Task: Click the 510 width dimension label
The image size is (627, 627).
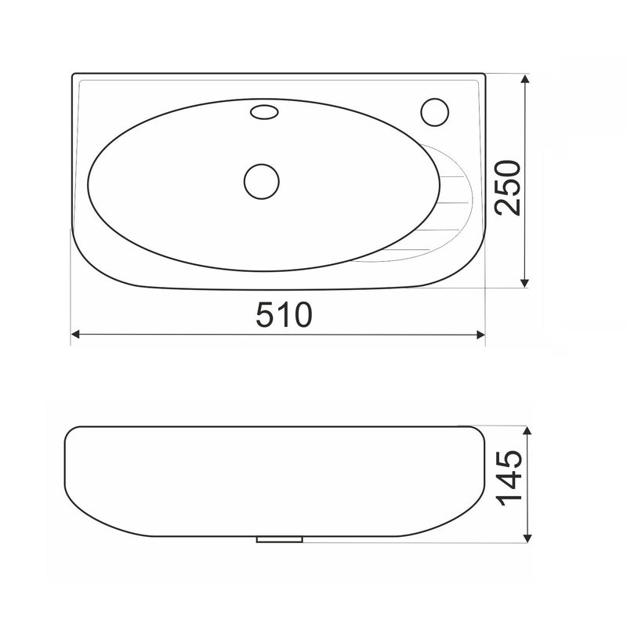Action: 285,315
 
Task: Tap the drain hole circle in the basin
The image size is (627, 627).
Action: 262,182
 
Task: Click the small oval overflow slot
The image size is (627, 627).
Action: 263,113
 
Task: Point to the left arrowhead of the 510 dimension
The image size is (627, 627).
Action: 74,335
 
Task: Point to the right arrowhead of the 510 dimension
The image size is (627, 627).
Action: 481,335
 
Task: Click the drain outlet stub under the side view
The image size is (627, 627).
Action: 280,539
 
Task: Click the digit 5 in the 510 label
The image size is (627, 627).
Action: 265,315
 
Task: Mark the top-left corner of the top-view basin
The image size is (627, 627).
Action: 74,78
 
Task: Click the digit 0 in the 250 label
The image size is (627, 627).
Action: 506,168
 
